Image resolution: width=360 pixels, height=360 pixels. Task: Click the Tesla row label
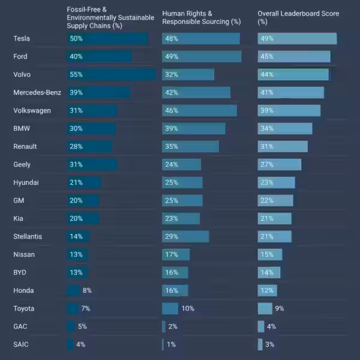pyautogui.click(x=22, y=38)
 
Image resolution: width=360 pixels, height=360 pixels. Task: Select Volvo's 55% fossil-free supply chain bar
pyautogui.click(x=111, y=74)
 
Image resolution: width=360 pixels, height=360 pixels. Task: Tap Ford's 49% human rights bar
pyautogui.click(x=202, y=56)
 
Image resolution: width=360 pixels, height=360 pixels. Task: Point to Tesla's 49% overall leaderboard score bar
pyautogui.click(x=297, y=38)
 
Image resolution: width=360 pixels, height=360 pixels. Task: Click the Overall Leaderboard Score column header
pyautogui.click(x=298, y=17)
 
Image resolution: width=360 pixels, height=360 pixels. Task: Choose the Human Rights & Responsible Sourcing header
pyautogui.click(x=201, y=17)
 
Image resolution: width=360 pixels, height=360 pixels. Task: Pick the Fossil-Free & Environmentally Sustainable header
pyautogui.click(x=110, y=17)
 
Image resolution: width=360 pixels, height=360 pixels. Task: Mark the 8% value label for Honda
pyautogui.click(x=87, y=290)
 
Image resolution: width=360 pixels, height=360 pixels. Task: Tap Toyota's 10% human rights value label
pyautogui.click(x=188, y=308)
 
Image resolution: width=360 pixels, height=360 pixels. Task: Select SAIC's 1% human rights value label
pyautogui.click(x=172, y=344)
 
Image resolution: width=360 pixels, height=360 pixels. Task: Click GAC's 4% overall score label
pyautogui.click(x=271, y=326)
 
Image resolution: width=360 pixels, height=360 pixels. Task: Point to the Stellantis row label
pyautogui.click(x=28, y=236)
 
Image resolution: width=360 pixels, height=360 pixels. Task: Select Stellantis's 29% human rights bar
pyautogui.click(x=185, y=236)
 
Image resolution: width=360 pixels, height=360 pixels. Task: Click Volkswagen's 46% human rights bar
pyautogui.click(x=199, y=110)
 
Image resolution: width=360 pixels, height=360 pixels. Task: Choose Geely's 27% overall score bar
pyautogui.click(x=280, y=164)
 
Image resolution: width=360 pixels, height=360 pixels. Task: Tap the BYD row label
pyautogui.click(x=20, y=272)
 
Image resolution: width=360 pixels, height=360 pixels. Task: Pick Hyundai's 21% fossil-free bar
pyautogui.click(x=84, y=182)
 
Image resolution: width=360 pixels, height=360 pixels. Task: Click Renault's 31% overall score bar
pyautogui.click(x=283, y=146)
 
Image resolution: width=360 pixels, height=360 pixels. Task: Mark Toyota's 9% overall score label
pyautogui.click(x=279, y=308)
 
